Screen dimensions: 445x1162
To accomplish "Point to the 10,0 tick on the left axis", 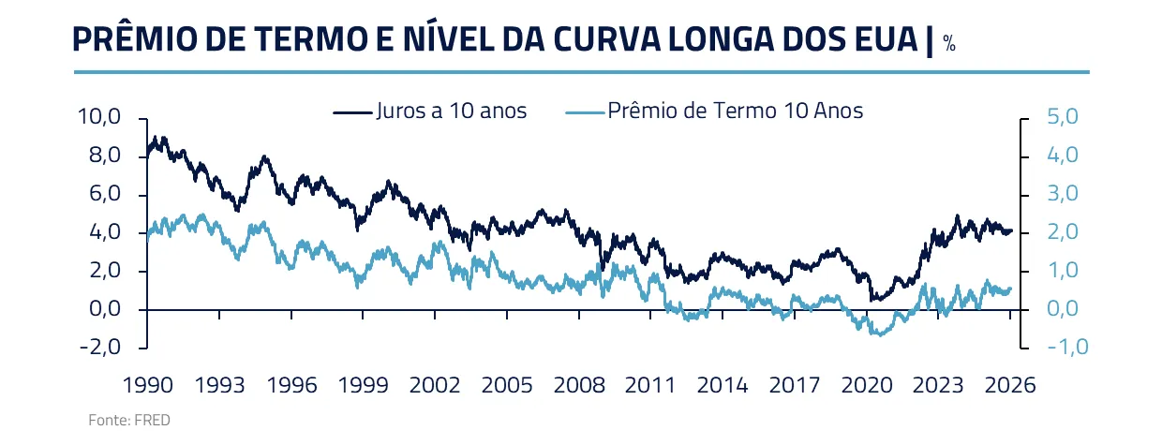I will point(100,118).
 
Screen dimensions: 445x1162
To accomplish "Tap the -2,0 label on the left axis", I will point(100,348).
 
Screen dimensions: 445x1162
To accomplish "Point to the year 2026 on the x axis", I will point(1010,384).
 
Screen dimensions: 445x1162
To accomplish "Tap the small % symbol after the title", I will point(949,44).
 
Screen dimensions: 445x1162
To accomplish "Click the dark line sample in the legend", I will point(352,111).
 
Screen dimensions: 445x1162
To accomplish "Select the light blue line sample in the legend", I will point(585,111).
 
